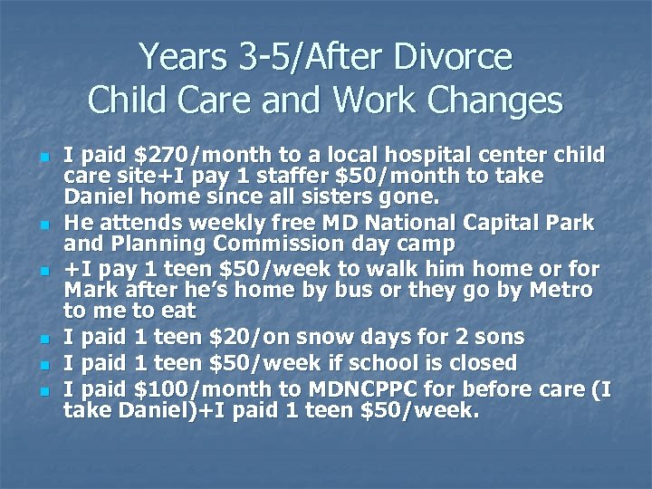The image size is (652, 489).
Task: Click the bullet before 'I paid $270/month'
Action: (x=43, y=156)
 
